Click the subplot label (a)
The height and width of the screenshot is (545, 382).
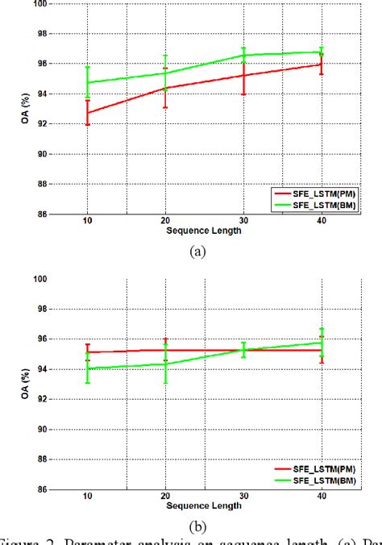(x=196, y=252)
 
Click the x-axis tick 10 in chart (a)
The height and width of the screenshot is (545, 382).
(x=87, y=221)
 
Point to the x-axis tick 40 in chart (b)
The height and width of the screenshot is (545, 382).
(x=322, y=496)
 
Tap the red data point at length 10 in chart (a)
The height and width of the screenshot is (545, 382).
(x=87, y=113)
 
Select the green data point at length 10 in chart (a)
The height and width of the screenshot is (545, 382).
(x=87, y=82)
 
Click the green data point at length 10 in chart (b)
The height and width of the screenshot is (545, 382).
(x=87, y=368)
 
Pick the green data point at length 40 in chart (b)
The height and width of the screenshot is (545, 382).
(x=322, y=343)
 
